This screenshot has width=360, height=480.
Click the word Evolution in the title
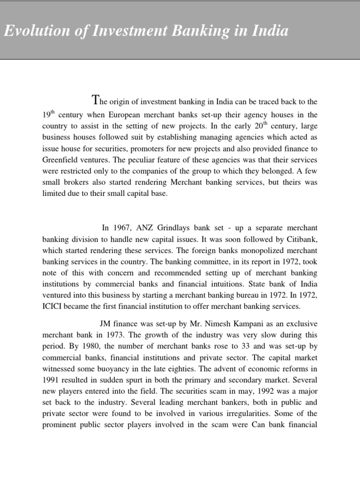[x=28, y=31]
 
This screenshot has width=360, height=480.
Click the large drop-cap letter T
[x=96, y=100]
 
